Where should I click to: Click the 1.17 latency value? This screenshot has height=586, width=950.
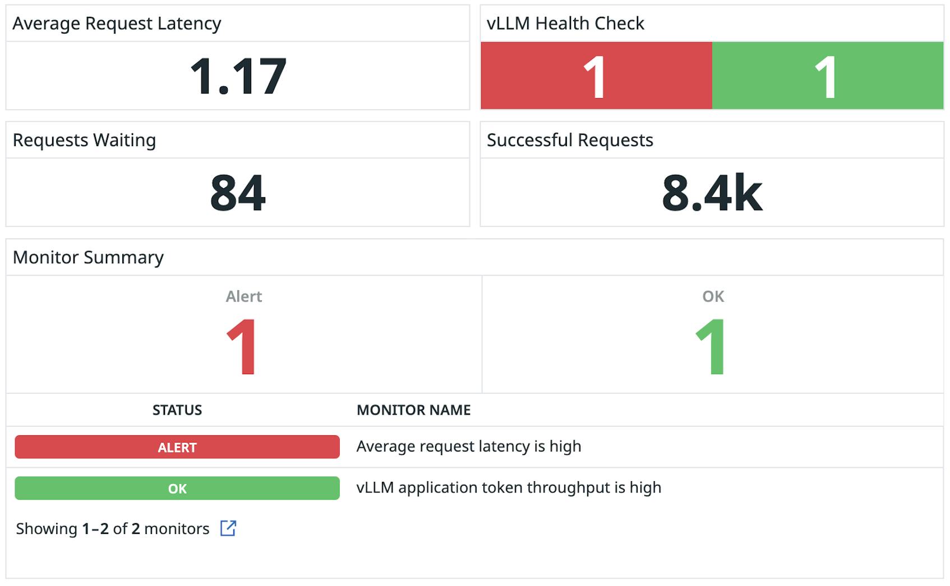point(238,76)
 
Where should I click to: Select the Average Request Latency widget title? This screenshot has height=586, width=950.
point(117,24)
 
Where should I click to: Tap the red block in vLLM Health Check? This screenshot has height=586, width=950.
point(596,76)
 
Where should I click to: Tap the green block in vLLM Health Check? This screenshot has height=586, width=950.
point(827,76)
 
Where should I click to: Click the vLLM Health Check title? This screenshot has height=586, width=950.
point(565,24)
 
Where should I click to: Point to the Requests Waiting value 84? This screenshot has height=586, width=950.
point(238,193)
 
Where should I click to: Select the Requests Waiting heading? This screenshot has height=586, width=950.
point(84,140)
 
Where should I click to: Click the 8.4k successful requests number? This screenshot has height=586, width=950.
point(712,193)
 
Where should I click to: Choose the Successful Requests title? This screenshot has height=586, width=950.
point(570,140)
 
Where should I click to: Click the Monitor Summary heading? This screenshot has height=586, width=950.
point(88,257)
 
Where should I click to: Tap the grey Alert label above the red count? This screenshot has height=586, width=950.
point(243,296)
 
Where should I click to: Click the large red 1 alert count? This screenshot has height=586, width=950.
point(242,347)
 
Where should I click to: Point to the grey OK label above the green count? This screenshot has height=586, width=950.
point(713,296)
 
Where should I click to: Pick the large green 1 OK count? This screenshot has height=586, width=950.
point(711,347)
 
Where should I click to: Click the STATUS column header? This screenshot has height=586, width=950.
point(177,410)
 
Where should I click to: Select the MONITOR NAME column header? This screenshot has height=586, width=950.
point(413,410)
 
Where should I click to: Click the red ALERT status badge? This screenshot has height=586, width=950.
point(177,447)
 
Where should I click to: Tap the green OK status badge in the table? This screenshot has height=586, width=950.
point(177,488)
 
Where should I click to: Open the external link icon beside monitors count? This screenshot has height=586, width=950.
point(228,528)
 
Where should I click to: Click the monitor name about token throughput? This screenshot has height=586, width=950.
point(509,487)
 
